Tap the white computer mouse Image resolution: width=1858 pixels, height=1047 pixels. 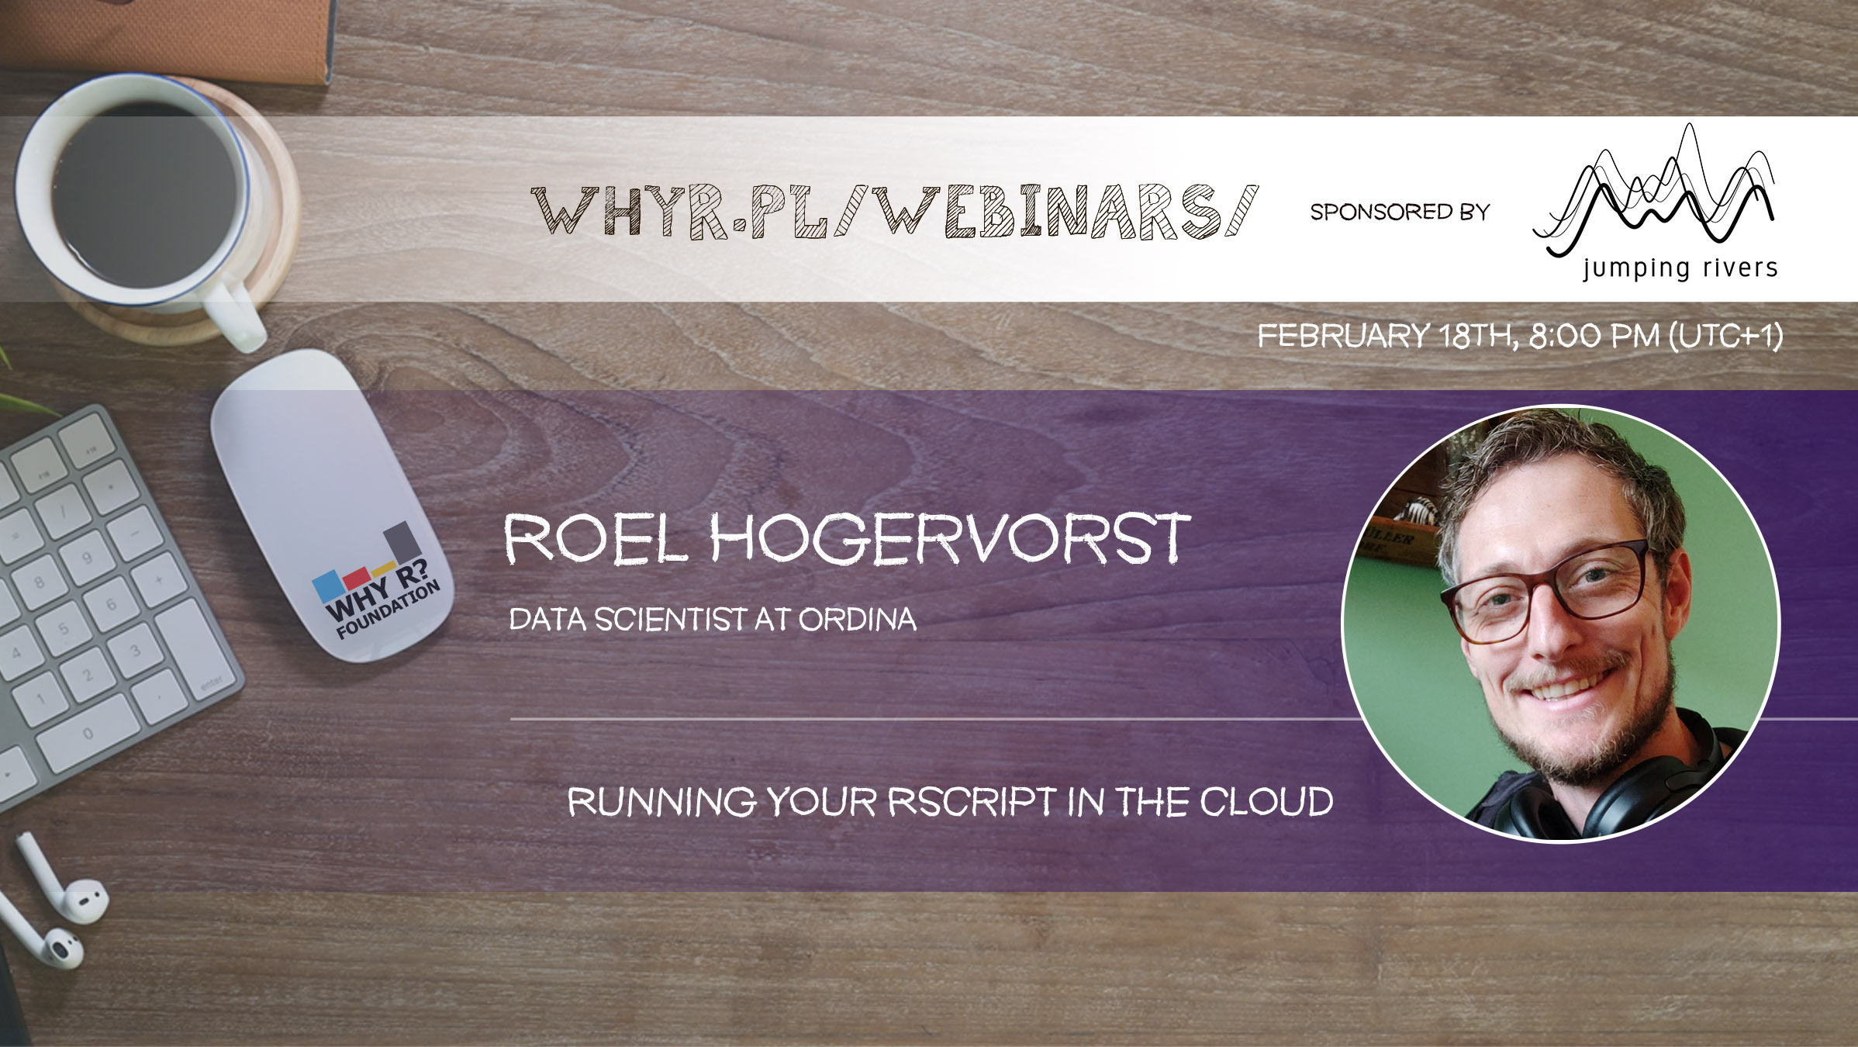[333, 504]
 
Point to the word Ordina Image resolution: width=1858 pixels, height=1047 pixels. [858, 620]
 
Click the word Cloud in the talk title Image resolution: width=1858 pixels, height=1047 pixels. [1267, 802]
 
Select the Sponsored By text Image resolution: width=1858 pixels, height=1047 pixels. [1400, 212]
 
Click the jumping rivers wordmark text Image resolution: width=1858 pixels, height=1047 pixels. [1680, 268]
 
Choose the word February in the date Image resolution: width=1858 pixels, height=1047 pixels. [1343, 336]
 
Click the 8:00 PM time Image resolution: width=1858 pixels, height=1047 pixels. [1594, 336]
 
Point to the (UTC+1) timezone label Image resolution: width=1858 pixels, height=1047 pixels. [1726, 336]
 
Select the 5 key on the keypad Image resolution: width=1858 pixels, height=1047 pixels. [64, 629]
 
